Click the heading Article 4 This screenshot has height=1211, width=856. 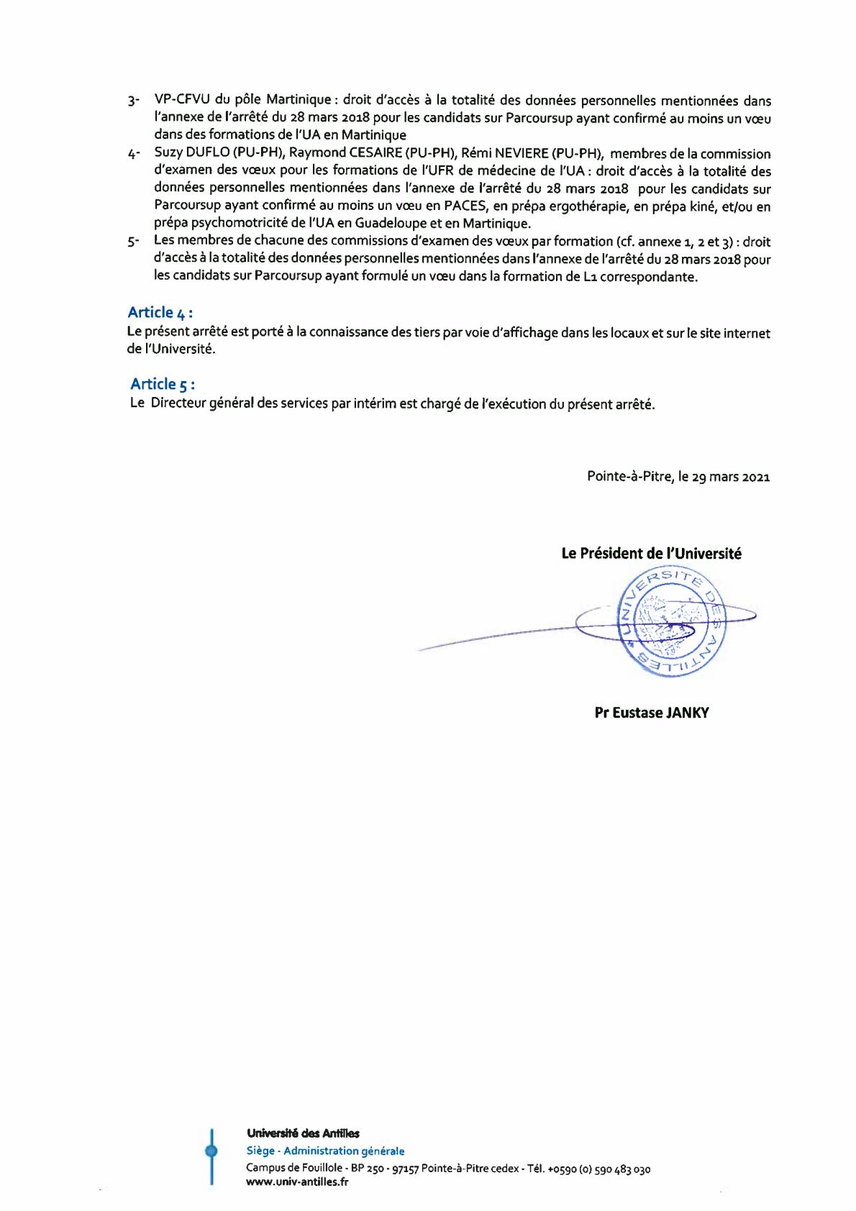(160, 312)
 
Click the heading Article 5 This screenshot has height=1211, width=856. (163, 383)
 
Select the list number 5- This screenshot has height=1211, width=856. (133, 242)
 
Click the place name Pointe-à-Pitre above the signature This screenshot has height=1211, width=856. (630, 476)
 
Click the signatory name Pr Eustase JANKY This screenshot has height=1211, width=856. (652, 713)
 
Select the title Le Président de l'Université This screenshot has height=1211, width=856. (651, 553)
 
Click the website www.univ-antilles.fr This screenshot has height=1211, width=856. (297, 1182)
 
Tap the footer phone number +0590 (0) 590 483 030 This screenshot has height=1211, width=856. (598, 1169)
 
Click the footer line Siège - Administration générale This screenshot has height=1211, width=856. (325, 1151)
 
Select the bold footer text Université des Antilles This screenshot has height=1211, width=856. (303, 1133)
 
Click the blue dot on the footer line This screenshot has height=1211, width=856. (211, 1151)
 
